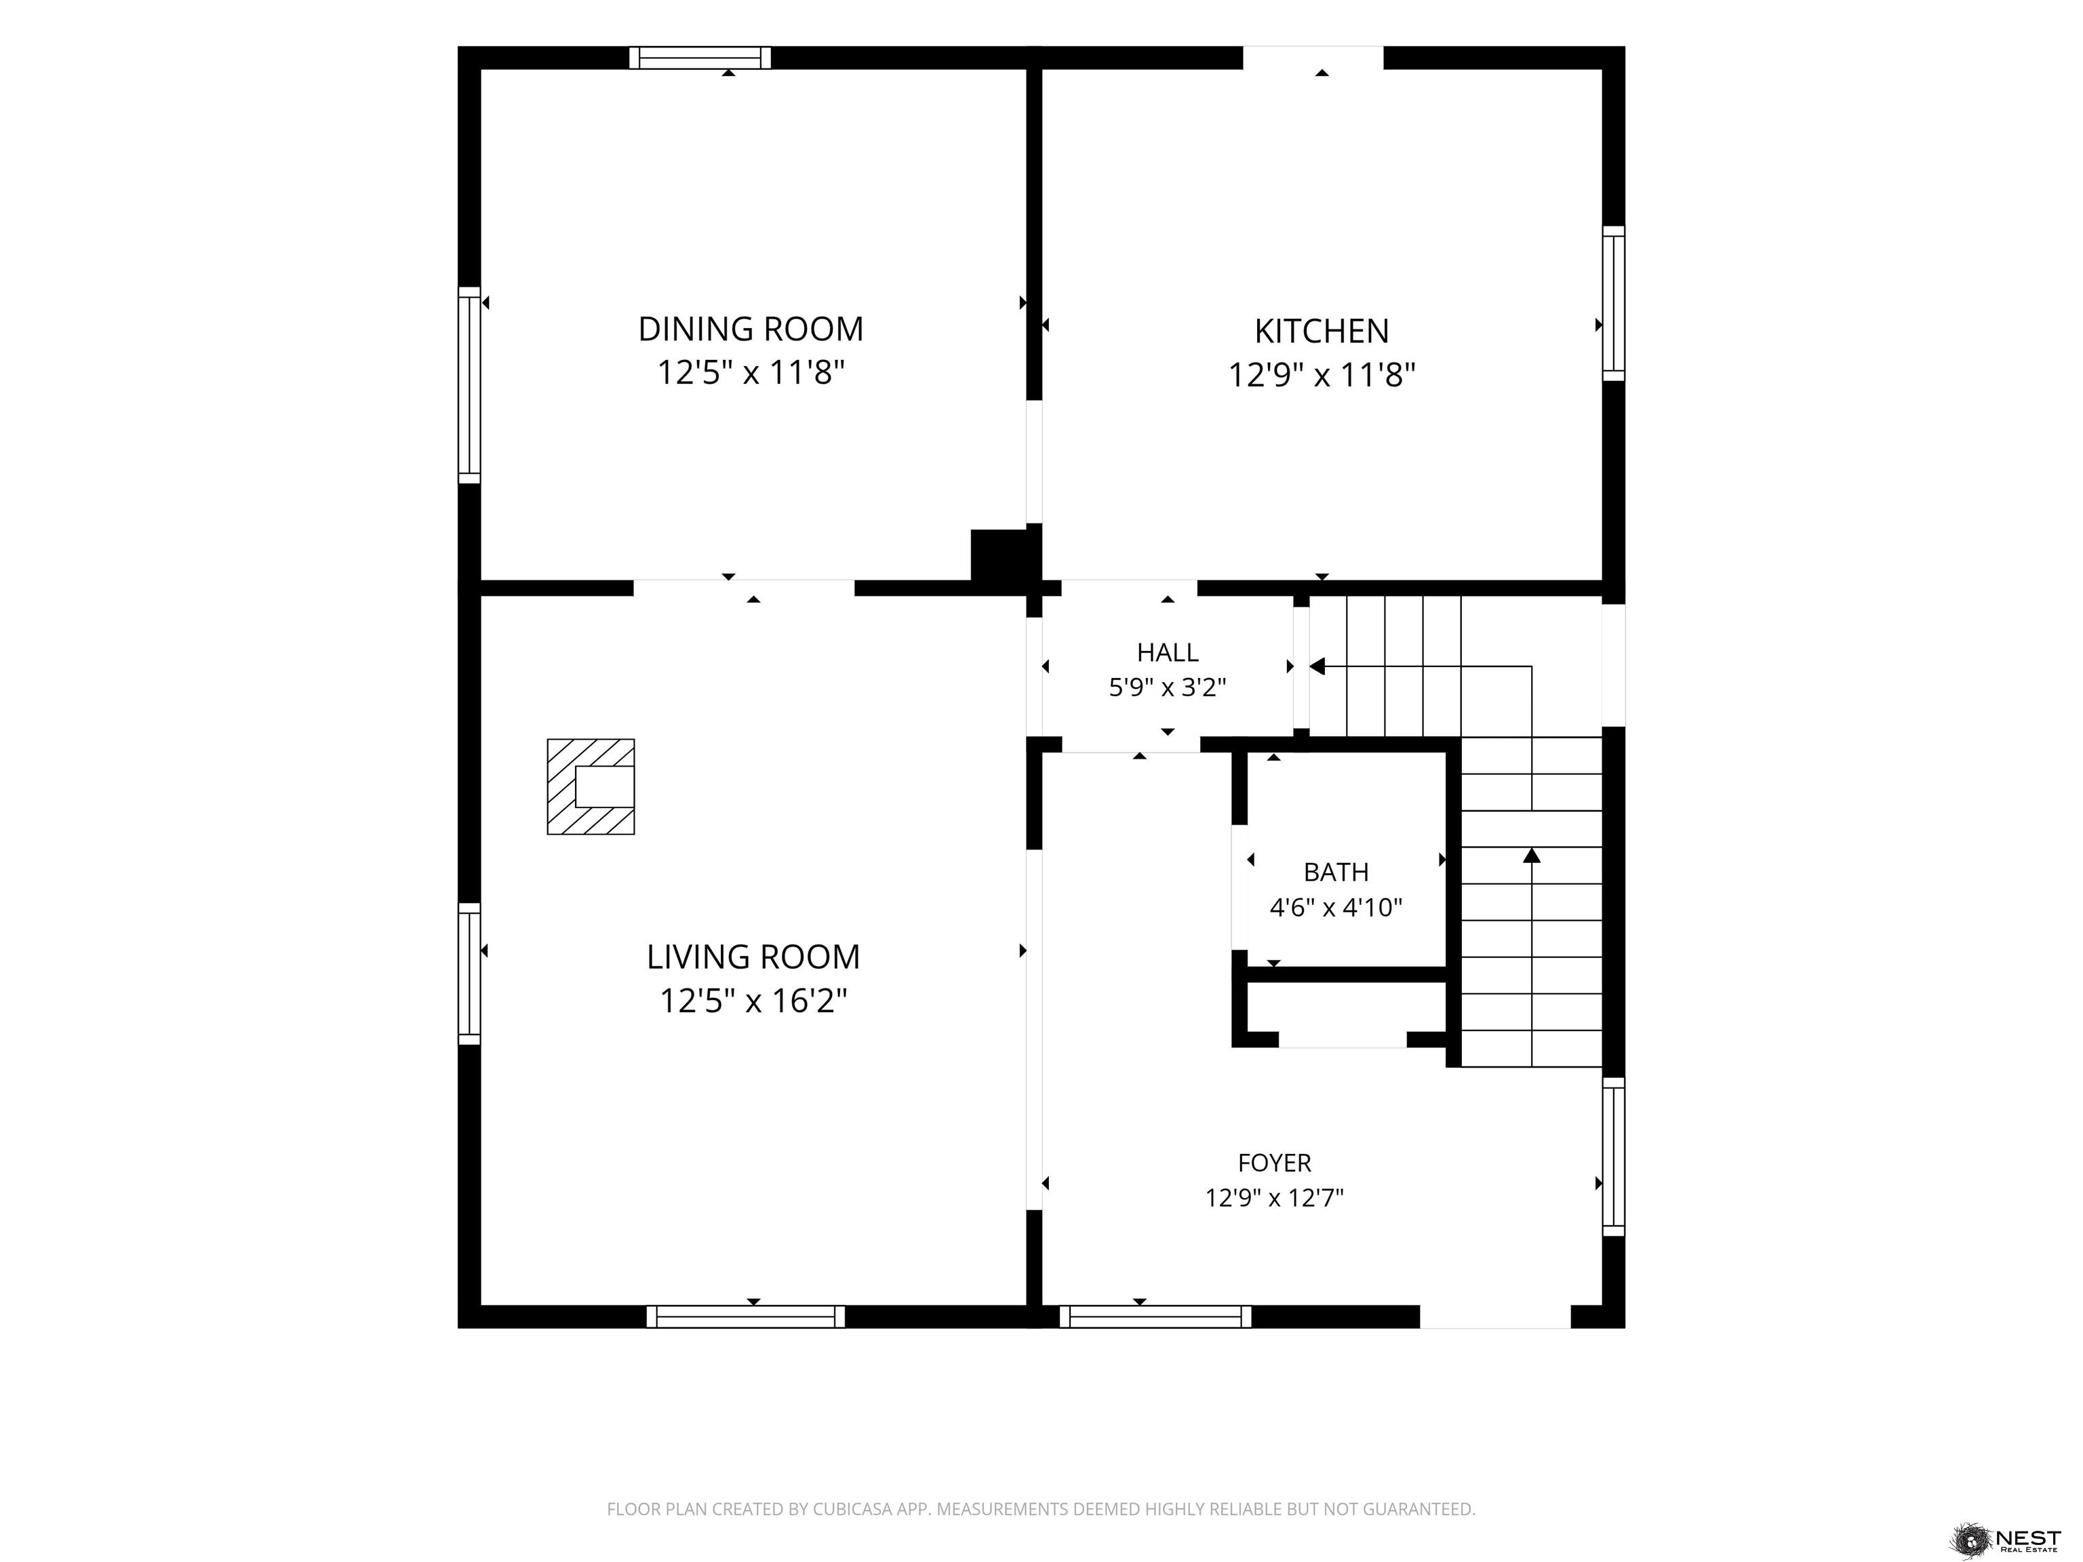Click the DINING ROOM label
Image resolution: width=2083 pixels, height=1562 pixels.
click(751, 329)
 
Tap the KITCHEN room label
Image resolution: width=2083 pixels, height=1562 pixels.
click(1321, 332)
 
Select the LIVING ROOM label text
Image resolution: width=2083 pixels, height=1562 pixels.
click(753, 957)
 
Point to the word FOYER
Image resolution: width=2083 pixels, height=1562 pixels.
click(1274, 1163)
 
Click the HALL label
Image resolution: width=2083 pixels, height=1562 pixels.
click(1168, 652)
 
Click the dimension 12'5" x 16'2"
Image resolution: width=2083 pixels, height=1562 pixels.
click(753, 1000)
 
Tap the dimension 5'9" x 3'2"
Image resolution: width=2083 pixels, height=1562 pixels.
click(1168, 687)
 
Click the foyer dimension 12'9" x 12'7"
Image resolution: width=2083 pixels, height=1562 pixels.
click(1274, 1198)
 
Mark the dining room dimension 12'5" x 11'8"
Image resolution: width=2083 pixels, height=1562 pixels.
click(751, 373)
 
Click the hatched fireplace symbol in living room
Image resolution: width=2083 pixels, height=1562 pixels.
click(591, 786)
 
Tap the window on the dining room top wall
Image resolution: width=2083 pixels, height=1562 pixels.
click(700, 58)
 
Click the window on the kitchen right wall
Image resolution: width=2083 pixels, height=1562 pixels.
click(1614, 303)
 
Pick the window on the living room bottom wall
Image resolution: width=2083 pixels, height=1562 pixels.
click(746, 1317)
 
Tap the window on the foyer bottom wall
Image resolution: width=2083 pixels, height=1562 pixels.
click(1155, 1317)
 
